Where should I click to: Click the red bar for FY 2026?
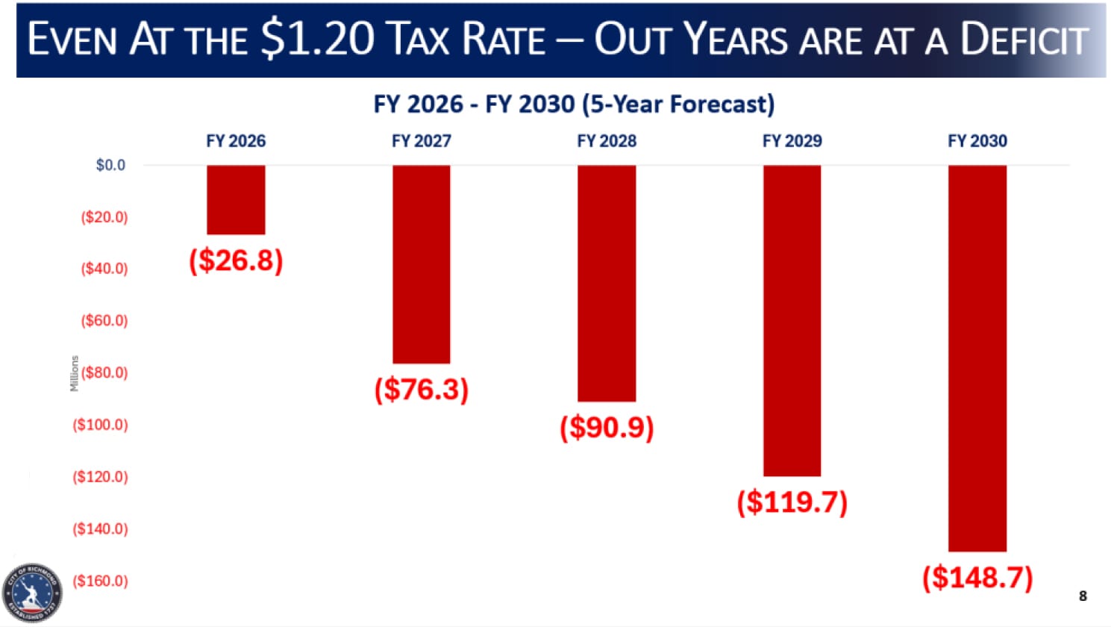(236, 199)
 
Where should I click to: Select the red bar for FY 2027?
(422, 263)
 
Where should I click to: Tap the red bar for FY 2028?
(607, 283)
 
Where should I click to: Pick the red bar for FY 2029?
(792, 320)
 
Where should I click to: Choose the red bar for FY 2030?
(977, 358)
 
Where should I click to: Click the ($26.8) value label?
(236, 261)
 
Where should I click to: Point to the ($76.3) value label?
(422, 390)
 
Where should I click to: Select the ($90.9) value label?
(607, 427)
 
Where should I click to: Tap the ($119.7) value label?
(792, 502)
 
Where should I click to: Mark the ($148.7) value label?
(977, 577)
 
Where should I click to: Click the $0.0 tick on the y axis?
(110, 165)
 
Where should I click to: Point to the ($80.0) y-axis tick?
(104, 372)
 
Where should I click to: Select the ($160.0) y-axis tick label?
(100, 581)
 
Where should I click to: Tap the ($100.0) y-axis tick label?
(100, 425)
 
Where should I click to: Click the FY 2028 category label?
(607, 141)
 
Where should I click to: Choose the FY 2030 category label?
(977, 141)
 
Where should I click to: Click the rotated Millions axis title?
(74, 373)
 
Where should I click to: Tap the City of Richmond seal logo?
(32, 593)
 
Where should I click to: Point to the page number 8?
(1083, 596)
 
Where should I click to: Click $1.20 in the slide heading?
(317, 39)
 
